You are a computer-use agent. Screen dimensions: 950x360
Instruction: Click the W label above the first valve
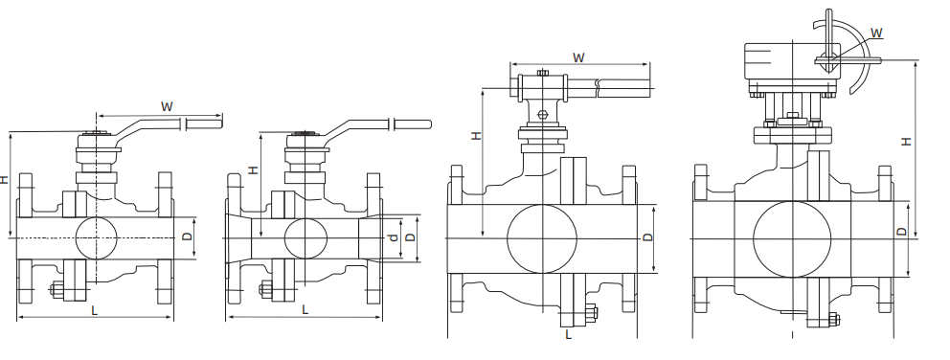(167, 106)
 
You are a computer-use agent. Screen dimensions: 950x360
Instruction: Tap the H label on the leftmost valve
(5, 179)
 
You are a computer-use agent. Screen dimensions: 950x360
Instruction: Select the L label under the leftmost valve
(95, 310)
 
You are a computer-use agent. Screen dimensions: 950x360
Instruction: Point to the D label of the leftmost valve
(187, 236)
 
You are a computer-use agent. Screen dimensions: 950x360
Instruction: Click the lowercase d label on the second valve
(394, 237)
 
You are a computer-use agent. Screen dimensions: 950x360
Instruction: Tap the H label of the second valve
(254, 169)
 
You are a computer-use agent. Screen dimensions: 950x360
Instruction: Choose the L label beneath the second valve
(305, 310)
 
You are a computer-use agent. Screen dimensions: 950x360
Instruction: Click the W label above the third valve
(578, 58)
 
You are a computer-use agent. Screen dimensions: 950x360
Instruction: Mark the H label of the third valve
(477, 136)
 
